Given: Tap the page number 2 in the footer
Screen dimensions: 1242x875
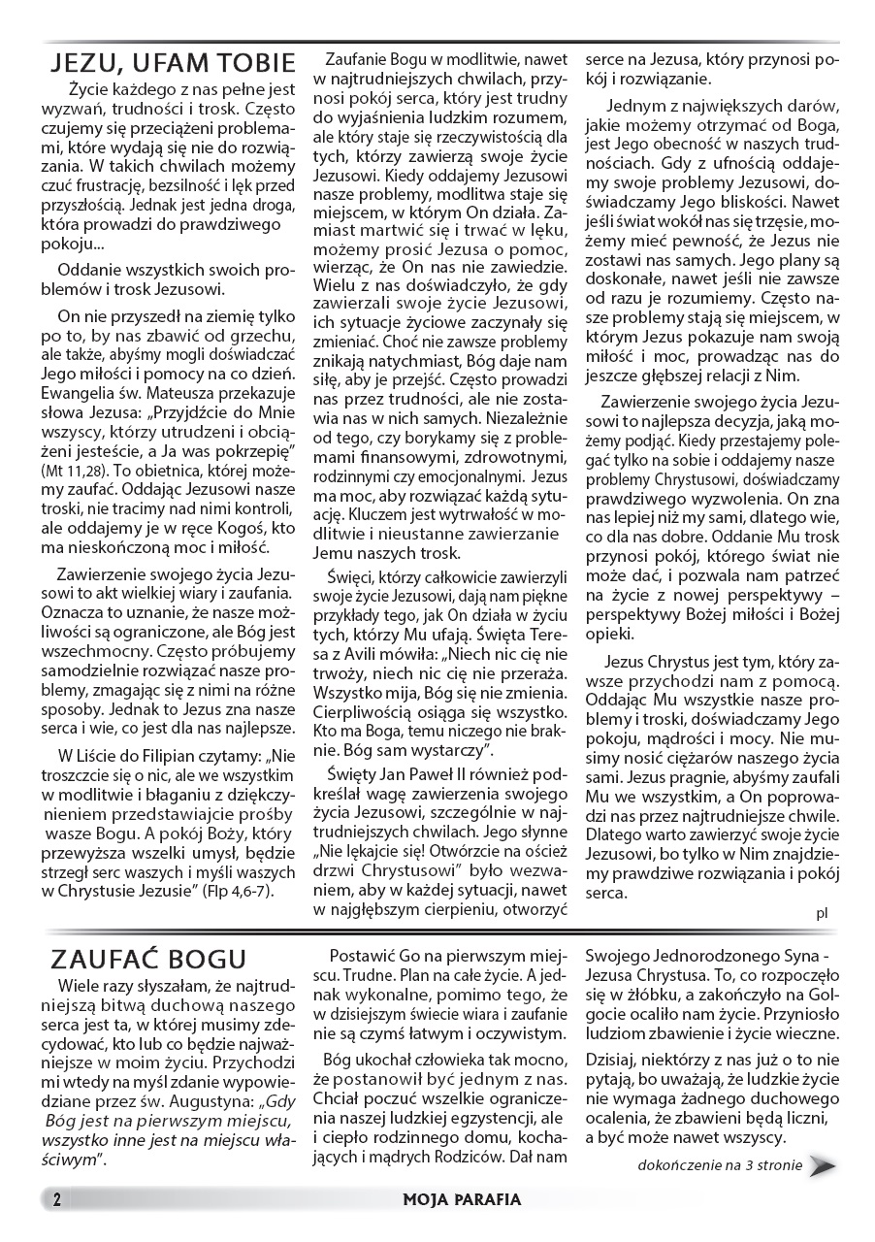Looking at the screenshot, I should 57,1199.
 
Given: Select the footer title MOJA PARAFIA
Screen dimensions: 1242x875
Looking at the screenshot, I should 462,1199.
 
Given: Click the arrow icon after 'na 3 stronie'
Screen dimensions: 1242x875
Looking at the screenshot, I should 824,1165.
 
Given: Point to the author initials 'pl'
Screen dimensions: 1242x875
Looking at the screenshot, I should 822,911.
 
